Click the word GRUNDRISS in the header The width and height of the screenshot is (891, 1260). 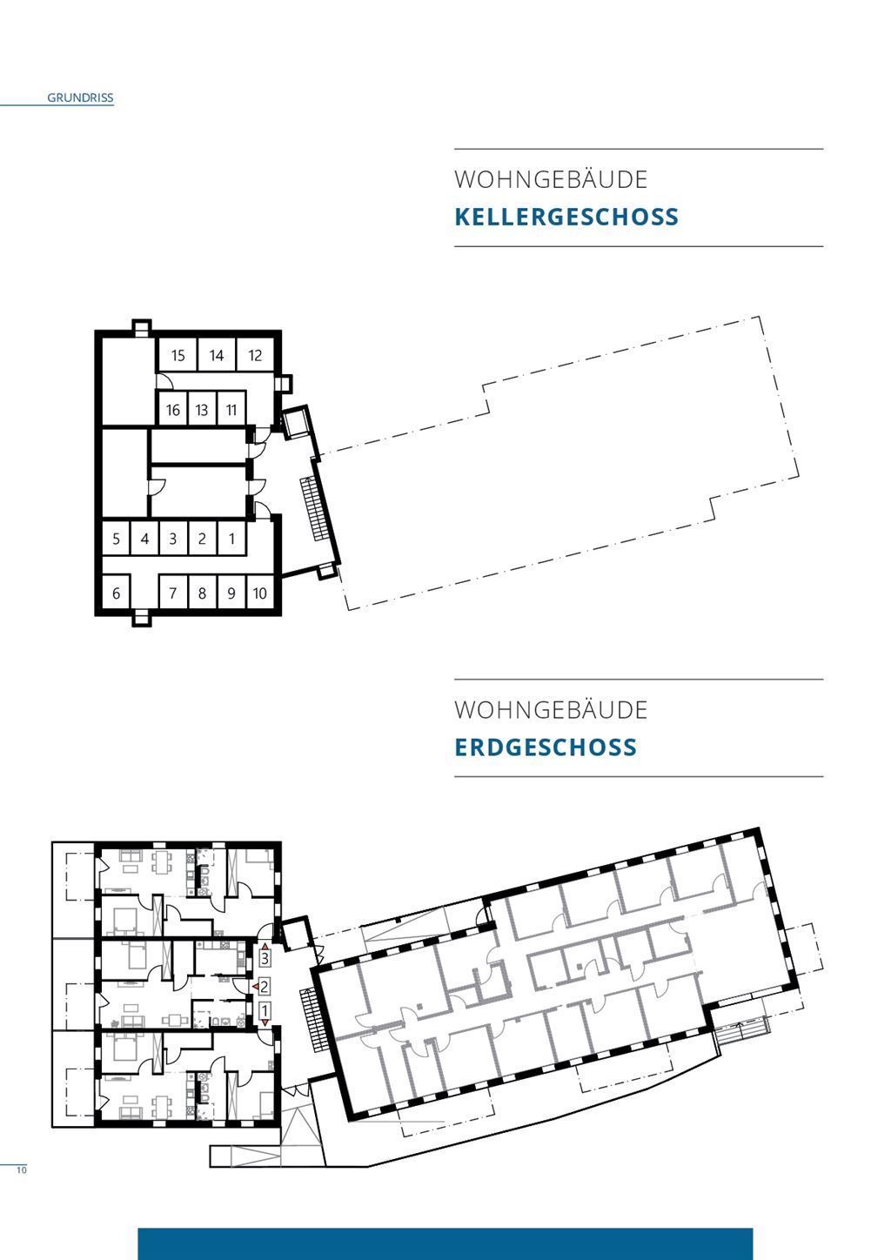80,97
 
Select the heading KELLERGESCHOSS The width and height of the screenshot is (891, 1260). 566,218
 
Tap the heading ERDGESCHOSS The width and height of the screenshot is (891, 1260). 546,747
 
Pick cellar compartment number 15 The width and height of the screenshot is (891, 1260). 178,356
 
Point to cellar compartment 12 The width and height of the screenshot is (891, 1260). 255,356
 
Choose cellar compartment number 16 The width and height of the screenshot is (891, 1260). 172,410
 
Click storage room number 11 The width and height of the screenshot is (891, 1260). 231,410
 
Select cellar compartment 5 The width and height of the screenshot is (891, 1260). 116,539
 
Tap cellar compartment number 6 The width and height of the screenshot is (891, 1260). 116,593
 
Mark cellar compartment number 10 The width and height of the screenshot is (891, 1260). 260,593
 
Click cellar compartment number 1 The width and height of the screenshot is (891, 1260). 231,539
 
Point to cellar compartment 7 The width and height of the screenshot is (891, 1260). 172,593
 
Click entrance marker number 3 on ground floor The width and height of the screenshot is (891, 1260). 265,957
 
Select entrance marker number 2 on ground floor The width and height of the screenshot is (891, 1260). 265,986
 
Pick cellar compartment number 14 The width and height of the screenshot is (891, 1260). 217,356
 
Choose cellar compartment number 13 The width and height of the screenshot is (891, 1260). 202,410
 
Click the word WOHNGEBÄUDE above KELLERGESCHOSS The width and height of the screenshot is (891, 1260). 551,179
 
